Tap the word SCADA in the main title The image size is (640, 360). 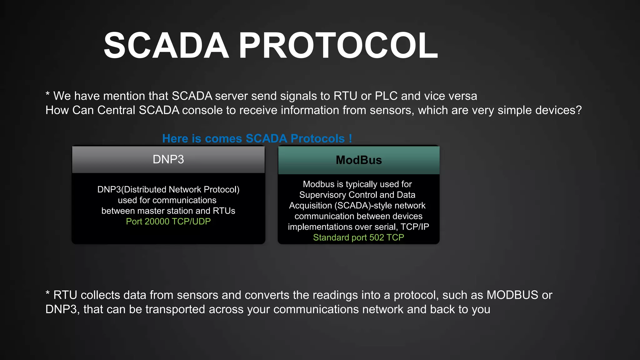(x=166, y=46)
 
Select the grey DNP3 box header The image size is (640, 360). (x=168, y=159)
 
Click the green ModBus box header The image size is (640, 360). (x=358, y=160)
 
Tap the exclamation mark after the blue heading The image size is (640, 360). (x=350, y=138)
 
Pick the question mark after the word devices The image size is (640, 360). (x=579, y=110)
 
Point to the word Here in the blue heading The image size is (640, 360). (x=175, y=138)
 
